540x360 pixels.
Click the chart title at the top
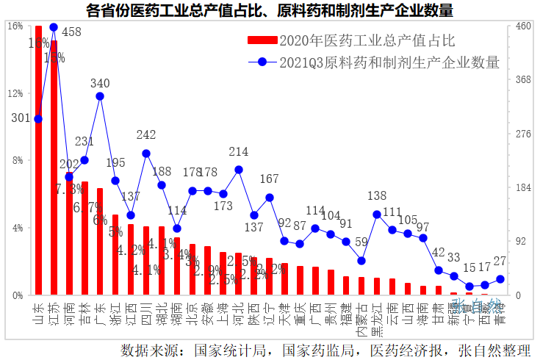[x=269, y=10]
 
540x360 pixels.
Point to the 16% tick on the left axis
[x=15, y=26]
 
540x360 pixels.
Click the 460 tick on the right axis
[x=522, y=26]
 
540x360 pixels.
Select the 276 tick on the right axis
[x=522, y=134]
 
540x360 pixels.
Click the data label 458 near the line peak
[x=71, y=32]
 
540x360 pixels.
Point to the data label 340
[x=100, y=83]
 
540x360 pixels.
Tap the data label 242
[x=146, y=135]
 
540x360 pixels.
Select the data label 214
[x=239, y=152]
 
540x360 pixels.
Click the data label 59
[x=361, y=242]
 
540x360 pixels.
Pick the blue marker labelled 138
[x=377, y=215]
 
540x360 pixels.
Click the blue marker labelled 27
[x=500, y=279]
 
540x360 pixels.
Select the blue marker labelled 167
[x=270, y=198]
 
